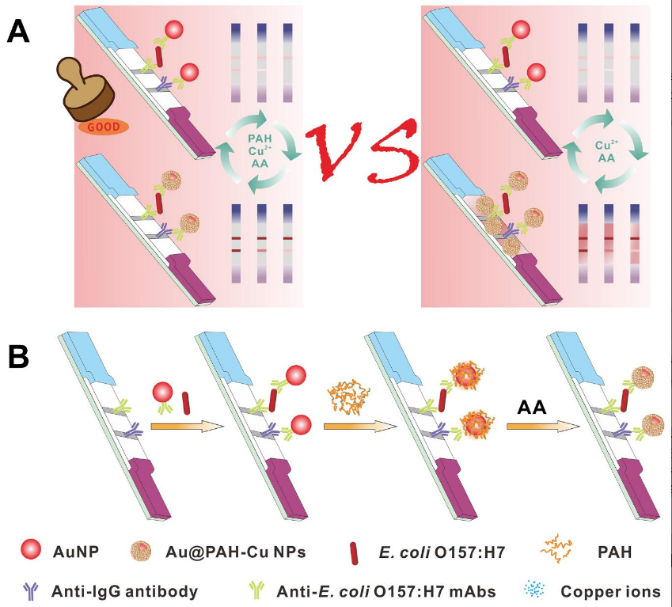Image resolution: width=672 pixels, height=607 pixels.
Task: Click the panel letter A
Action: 18,32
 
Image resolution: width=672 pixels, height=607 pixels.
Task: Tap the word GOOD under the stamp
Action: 104,127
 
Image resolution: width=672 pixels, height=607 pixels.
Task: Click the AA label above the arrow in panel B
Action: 532,408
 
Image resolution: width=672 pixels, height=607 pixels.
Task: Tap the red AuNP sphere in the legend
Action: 31,549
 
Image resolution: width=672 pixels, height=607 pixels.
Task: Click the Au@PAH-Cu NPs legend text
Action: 235,552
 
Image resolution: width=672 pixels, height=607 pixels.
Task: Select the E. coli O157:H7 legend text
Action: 442,552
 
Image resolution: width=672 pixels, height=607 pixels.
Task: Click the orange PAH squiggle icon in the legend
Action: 556,548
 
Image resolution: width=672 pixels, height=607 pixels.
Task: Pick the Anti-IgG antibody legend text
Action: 125,592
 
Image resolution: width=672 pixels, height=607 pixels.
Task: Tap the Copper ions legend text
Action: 610,592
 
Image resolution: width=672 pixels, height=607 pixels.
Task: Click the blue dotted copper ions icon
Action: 534,590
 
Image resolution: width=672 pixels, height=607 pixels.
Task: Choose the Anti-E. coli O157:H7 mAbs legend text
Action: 386,592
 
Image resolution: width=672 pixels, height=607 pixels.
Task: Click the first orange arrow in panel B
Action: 188,427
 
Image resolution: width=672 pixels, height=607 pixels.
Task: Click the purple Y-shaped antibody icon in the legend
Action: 31,591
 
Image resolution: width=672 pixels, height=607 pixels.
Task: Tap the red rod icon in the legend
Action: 354,554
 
